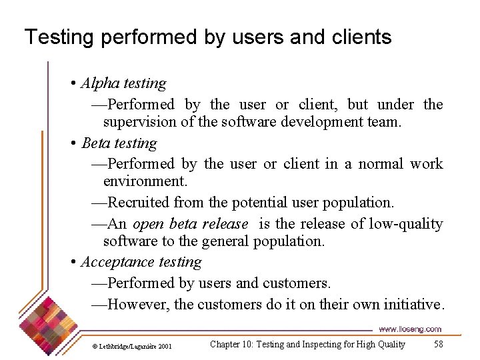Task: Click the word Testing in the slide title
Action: (x=59, y=37)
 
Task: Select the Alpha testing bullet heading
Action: (x=123, y=83)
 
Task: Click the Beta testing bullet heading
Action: (x=119, y=143)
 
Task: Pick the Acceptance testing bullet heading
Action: (x=141, y=262)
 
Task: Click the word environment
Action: (x=144, y=181)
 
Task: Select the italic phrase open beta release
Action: (x=190, y=224)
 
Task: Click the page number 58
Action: (x=438, y=345)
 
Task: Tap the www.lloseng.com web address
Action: (x=409, y=329)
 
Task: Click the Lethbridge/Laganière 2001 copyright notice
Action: (x=131, y=346)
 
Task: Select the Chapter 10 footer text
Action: (x=307, y=345)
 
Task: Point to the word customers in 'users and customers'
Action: (x=296, y=283)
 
